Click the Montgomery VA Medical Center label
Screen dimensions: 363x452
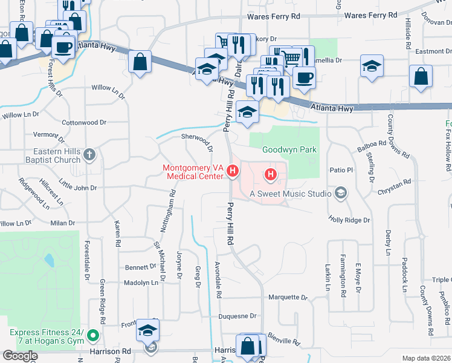click(x=193, y=172)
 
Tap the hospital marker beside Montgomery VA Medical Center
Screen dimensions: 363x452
click(x=232, y=173)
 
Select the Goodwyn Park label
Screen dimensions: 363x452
click(x=289, y=149)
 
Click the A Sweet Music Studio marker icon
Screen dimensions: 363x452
click(x=341, y=194)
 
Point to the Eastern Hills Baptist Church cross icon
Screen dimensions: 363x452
click(x=89, y=155)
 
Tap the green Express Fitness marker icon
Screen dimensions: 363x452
click(x=92, y=334)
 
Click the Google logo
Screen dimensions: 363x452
click(x=19, y=356)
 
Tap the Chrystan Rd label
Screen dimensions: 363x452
click(x=394, y=181)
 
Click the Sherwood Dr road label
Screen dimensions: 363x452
click(x=198, y=143)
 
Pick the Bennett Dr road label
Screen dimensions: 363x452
click(x=141, y=267)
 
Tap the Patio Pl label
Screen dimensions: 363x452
click(x=340, y=170)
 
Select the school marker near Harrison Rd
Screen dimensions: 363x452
click(x=147, y=330)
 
